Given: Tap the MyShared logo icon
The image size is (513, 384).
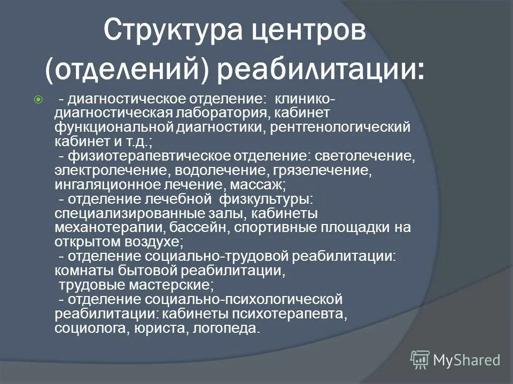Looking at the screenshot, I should pyautogui.click(x=419, y=359).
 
